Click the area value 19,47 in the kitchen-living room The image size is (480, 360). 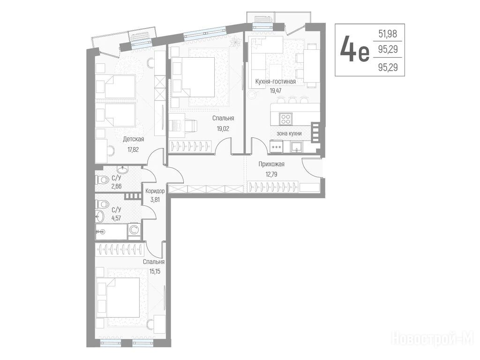click(276, 90)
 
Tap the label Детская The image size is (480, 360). click(133, 139)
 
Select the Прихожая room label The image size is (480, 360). click(271, 164)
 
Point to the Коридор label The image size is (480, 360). click(155, 191)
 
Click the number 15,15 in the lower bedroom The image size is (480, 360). click(155, 271)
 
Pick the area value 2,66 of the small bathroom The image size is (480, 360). click(116, 186)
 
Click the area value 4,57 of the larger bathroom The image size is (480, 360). click(116, 218)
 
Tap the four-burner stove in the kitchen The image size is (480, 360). click(286, 119)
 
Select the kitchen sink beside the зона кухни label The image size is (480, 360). click(297, 147)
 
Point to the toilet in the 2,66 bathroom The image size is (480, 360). click(102, 180)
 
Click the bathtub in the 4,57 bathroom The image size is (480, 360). click(111, 232)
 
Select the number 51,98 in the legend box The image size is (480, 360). click(388, 34)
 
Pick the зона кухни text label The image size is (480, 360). click(289, 134)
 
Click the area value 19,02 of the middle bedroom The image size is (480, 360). click(223, 129)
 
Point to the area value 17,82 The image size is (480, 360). click(134, 150)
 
